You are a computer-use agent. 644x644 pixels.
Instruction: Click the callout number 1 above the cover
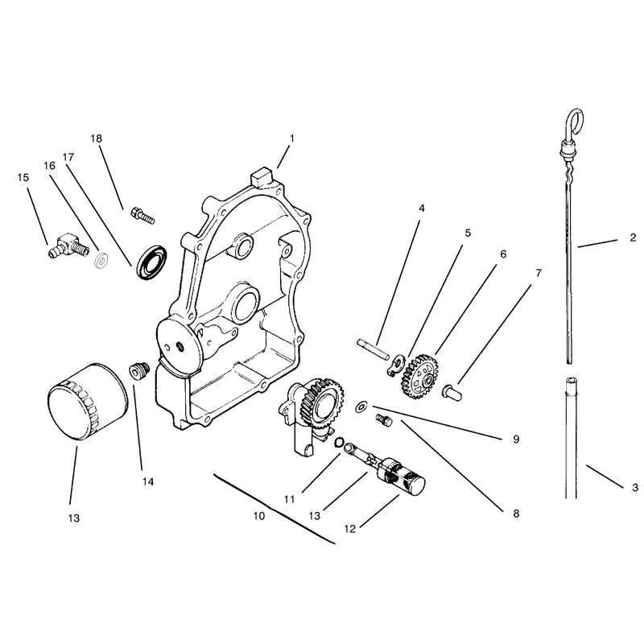(x=292, y=138)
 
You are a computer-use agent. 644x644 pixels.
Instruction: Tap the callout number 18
(x=96, y=138)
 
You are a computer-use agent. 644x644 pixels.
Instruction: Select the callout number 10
(x=258, y=516)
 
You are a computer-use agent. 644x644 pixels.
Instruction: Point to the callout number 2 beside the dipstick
(x=633, y=237)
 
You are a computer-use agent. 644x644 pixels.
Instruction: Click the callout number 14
(x=148, y=481)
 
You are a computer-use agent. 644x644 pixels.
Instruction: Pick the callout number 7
(x=539, y=273)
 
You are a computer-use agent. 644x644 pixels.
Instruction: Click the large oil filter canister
(x=88, y=401)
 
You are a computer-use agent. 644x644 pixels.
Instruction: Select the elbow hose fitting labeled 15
(x=68, y=246)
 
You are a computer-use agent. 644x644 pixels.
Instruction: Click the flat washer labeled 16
(x=101, y=261)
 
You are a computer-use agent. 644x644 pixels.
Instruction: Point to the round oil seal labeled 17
(x=152, y=262)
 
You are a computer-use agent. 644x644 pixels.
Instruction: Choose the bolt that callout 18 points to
(x=142, y=216)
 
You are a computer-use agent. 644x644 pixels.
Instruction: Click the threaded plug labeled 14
(x=139, y=371)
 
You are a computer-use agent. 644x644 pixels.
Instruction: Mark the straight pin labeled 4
(x=373, y=349)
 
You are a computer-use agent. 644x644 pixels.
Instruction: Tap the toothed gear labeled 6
(x=419, y=377)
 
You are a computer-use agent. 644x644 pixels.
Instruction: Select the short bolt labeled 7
(x=452, y=391)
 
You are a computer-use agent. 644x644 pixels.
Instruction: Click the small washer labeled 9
(x=361, y=407)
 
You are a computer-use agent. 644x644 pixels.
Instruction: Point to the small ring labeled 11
(x=339, y=442)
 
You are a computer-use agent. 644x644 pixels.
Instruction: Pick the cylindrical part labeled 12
(x=402, y=478)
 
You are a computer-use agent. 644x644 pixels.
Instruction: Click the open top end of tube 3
(x=572, y=382)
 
